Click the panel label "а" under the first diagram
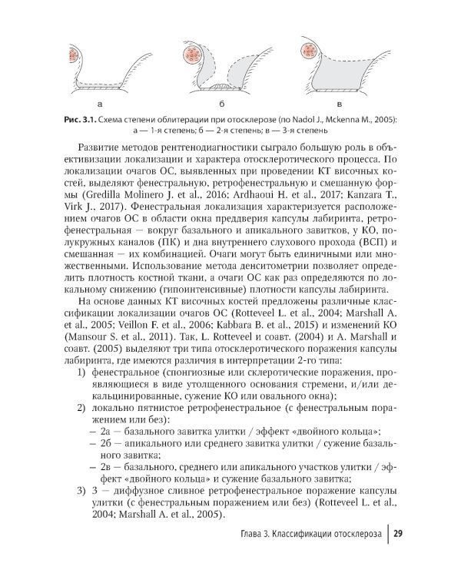click(x=101, y=101)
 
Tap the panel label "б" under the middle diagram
click(x=221, y=101)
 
